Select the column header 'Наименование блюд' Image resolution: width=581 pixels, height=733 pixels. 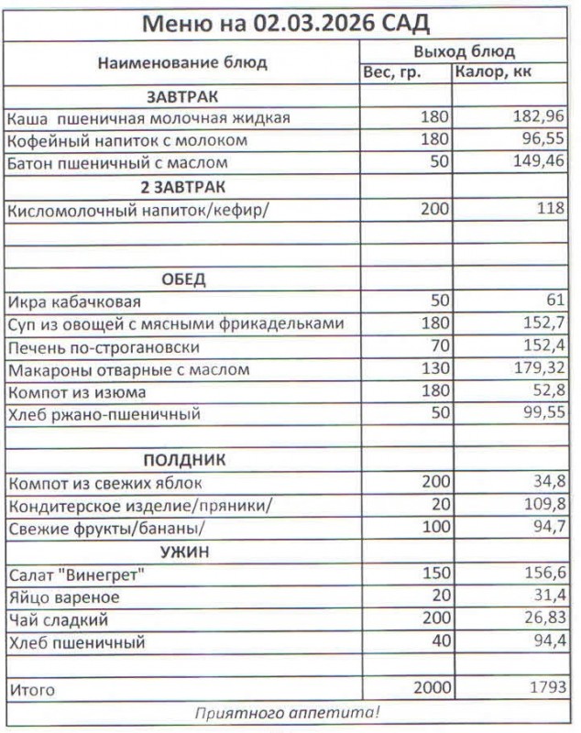[x=182, y=63]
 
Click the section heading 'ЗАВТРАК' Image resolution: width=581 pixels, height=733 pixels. [x=182, y=96]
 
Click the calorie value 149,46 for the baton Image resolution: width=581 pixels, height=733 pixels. [x=539, y=163]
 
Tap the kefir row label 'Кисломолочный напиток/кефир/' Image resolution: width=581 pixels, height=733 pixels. [x=140, y=209]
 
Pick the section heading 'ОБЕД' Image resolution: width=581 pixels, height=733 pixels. [x=182, y=279]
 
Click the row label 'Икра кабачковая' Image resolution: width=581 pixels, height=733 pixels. [x=75, y=301]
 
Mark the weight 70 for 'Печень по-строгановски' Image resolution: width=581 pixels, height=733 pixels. [x=439, y=347]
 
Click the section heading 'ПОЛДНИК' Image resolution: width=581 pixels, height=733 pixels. [x=182, y=460]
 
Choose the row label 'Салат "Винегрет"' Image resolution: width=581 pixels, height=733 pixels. [x=77, y=574]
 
